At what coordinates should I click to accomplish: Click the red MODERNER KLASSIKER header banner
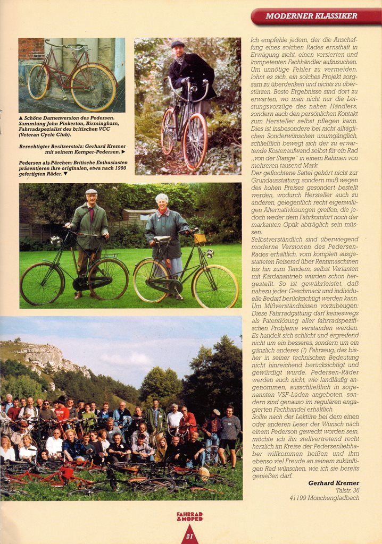click(316, 16)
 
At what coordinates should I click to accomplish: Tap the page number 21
click(189, 537)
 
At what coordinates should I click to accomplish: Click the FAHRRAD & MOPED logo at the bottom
click(190, 516)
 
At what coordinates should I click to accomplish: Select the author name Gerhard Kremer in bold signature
click(334, 483)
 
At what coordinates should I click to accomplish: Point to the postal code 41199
click(300, 498)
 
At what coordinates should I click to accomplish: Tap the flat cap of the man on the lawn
click(92, 192)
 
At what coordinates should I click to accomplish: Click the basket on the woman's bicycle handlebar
click(200, 239)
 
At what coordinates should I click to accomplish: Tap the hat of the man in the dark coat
click(177, 45)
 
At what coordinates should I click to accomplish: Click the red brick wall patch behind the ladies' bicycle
click(31, 49)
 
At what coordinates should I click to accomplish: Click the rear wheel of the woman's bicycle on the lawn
click(151, 280)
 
